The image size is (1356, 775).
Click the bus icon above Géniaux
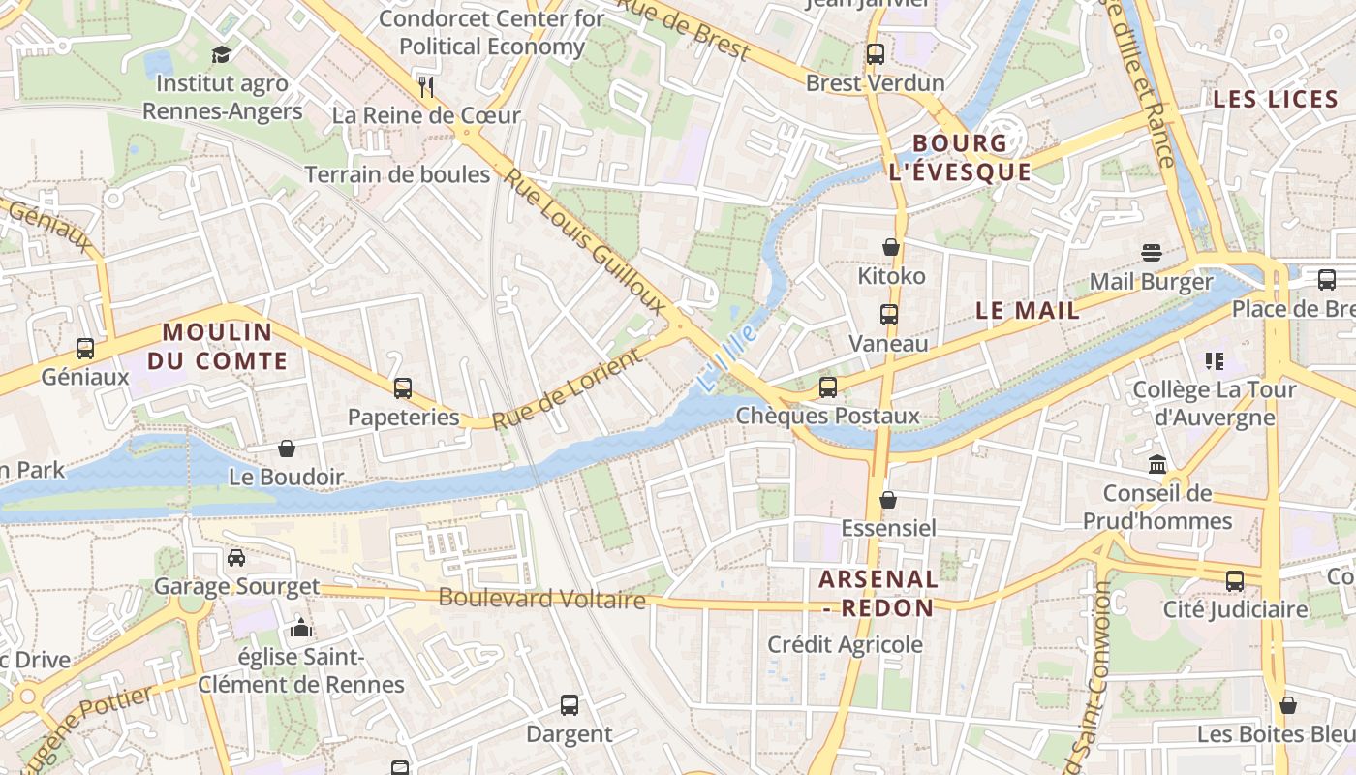click(85, 348)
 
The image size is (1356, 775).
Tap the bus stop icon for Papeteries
click(403, 388)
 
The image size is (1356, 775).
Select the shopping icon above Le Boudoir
click(287, 449)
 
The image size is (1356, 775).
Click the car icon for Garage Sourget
click(236, 557)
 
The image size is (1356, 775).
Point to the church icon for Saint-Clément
click(301, 629)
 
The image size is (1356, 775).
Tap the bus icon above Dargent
click(570, 704)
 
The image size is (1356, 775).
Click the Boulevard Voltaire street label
click(541, 599)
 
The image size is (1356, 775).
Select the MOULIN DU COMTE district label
click(225, 347)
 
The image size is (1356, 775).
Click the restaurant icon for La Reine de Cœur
click(426, 87)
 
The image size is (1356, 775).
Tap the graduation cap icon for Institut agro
click(222, 54)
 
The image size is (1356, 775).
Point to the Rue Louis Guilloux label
click(585, 242)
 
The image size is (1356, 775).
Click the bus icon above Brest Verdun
click(876, 54)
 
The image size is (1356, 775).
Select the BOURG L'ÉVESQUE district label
click(960, 158)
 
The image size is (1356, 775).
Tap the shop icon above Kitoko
click(891, 247)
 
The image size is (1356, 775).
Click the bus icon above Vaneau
click(888, 315)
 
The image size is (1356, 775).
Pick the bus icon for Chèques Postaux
click(828, 387)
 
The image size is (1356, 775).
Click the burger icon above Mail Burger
click(1151, 253)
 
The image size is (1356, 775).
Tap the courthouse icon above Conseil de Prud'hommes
click(1157, 465)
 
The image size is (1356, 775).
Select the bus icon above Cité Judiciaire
click(1235, 581)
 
